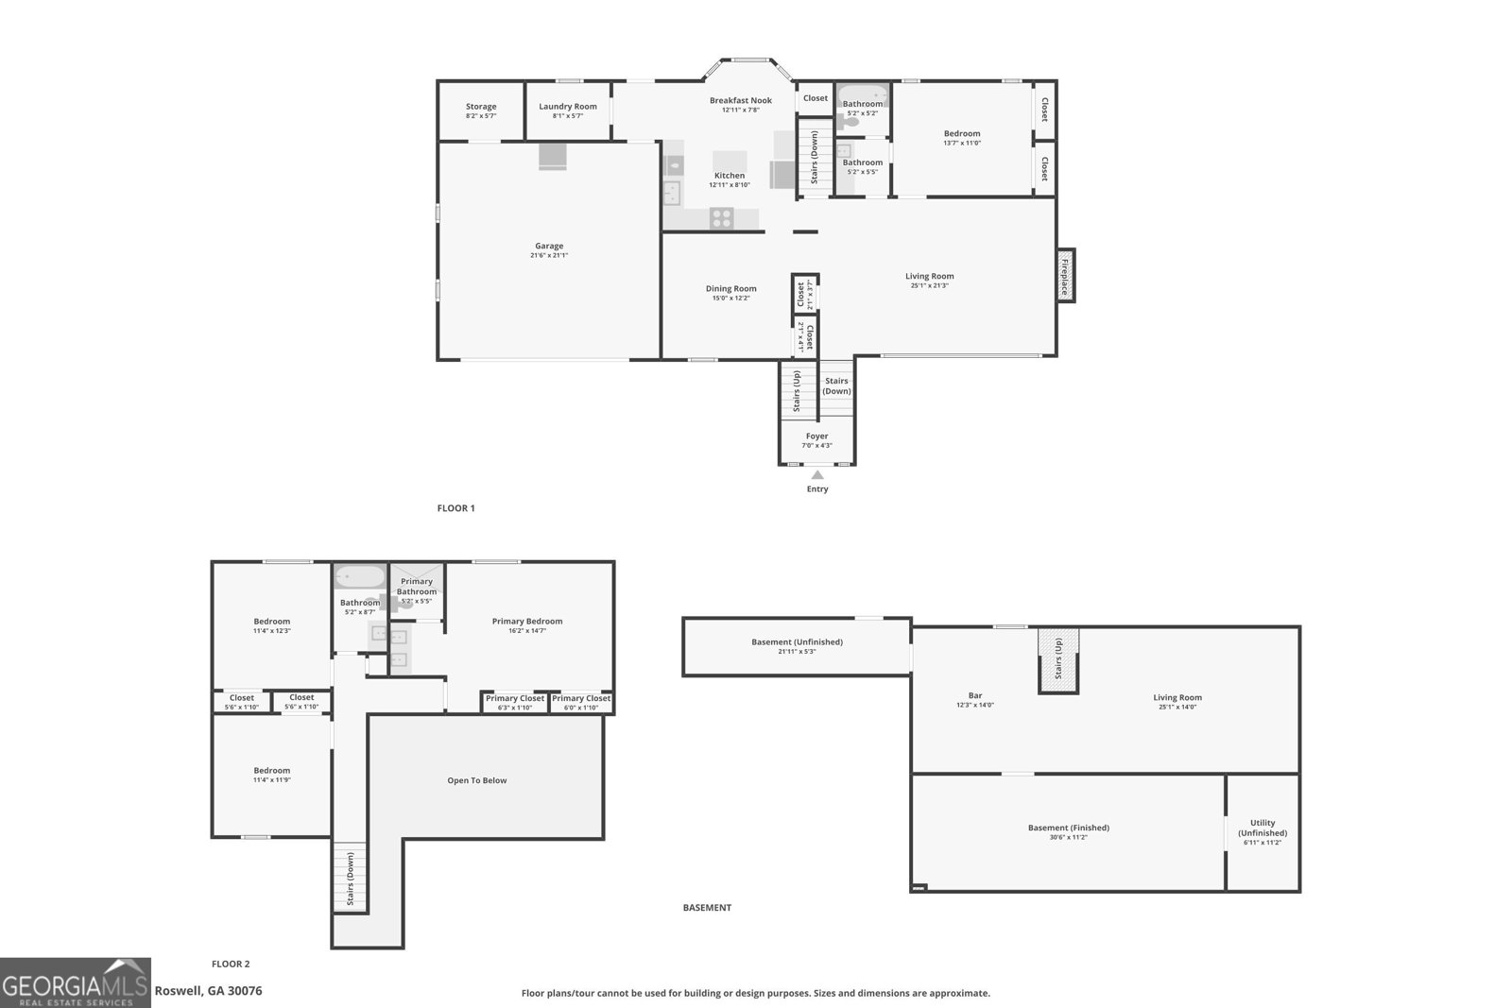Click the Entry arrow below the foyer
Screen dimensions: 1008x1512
(817, 475)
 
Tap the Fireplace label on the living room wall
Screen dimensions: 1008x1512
(1065, 276)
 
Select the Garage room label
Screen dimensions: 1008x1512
(549, 246)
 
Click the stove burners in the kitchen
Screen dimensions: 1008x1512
(722, 218)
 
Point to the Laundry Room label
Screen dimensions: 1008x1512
(568, 107)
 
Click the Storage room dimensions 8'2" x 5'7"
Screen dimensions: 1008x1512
(481, 116)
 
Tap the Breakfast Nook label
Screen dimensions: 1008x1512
(741, 100)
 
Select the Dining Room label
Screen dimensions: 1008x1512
(731, 288)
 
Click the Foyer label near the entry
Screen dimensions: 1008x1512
(817, 436)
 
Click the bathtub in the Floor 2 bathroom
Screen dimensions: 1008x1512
(360, 575)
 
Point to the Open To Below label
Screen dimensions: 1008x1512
(477, 780)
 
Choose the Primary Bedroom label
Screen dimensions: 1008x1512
(527, 621)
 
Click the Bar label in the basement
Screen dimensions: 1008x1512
(975, 696)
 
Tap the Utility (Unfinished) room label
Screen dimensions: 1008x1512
(1263, 828)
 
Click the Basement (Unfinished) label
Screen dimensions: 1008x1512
(797, 641)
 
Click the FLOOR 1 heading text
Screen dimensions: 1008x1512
(455, 508)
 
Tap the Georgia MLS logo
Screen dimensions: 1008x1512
(75, 982)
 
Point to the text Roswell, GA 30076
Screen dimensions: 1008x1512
(208, 991)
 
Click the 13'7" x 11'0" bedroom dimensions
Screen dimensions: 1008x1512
(962, 143)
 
